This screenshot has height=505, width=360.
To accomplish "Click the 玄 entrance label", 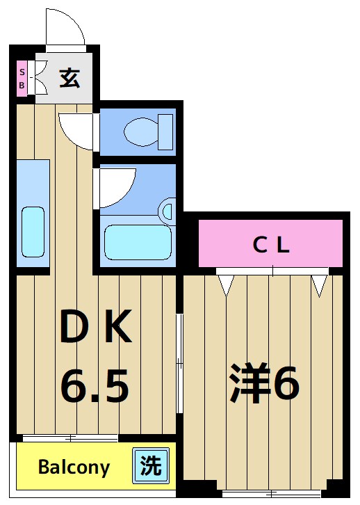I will coord(68,77).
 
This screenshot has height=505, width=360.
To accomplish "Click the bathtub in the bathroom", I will coord(137,241).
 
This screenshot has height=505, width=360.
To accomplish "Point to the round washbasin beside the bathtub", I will coord(168,210).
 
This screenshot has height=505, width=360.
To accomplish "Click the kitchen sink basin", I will coord(33,231).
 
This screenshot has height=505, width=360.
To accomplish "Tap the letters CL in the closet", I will coord(270,244).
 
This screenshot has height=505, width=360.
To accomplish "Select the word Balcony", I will coord(74,467).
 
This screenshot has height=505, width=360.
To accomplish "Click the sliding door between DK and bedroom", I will coord(179,362).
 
